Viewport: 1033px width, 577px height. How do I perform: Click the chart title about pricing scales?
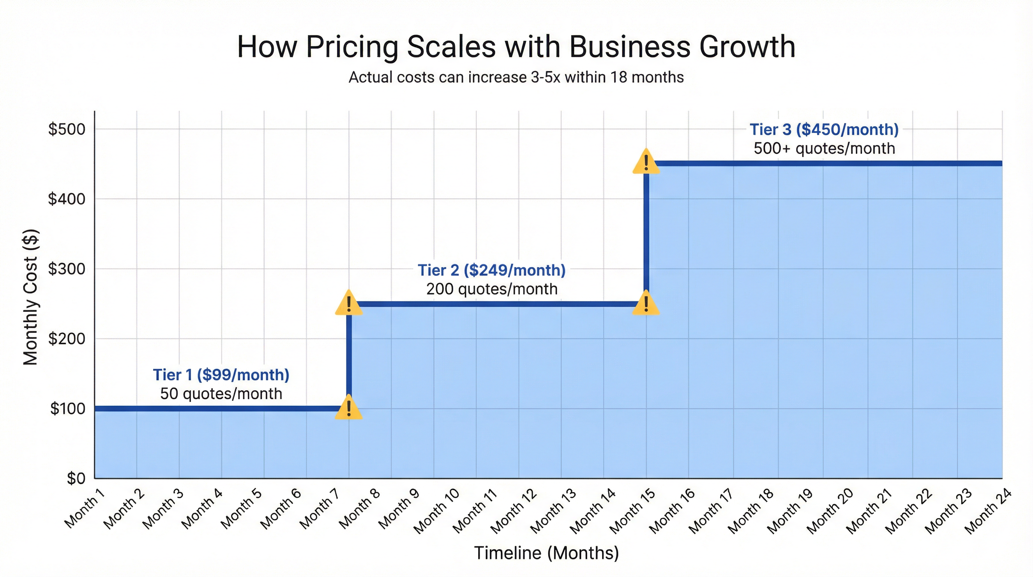[x=516, y=47]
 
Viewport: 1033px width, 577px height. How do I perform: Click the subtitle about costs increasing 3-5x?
[x=516, y=77]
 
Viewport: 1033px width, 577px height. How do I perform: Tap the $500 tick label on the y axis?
[x=66, y=129]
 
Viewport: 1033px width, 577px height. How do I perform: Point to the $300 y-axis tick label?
[x=66, y=269]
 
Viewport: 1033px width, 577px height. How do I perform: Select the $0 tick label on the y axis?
[x=76, y=478]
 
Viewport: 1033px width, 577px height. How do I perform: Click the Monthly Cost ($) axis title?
[x=30, y=297]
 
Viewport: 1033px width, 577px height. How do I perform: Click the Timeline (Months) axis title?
[x=546, y=553]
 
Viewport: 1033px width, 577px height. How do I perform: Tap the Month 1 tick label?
[x=85, y=508]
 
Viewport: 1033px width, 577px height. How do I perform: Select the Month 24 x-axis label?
[x=988, y=512]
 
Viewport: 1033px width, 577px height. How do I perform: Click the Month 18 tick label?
[x=750, y=512]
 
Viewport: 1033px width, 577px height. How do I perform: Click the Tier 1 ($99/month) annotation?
[x=221, y=375]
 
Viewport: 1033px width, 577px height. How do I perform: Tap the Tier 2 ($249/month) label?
[x=492, y=270]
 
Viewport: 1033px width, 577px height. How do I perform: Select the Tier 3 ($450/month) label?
[x=824, y=129]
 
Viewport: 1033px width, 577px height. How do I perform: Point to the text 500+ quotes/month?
[x=824, y=148]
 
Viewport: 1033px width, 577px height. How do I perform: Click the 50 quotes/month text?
[x=221, y=394]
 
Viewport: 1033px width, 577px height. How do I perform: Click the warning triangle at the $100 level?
[x=348, y=408]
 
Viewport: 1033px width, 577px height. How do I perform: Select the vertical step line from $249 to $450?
[x=646, y=233]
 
